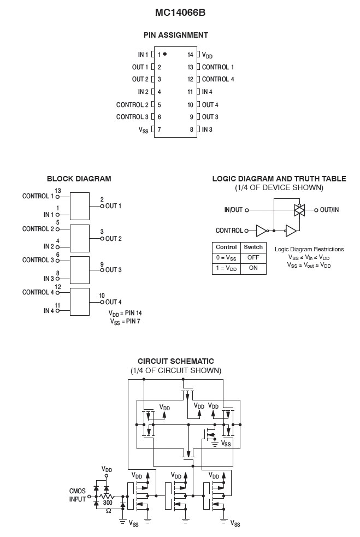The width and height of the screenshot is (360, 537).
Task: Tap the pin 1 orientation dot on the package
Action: click(x=164, y=54)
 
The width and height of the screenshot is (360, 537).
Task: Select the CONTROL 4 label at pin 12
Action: click(x=218, y=79)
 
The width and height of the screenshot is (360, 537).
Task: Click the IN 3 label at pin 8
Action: click(x=207, y=129)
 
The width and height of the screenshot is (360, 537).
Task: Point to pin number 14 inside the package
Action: click(x=190, y=55)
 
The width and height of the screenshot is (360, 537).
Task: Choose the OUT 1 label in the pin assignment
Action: click(x=140, y=67)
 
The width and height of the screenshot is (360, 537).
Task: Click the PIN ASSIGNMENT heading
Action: click(x=176, y=35)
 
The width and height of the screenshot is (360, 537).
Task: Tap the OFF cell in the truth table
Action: click(x=253, y=257)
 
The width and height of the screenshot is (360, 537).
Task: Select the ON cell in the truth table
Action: click(x=253, y=268)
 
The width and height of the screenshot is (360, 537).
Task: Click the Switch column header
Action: click(x=253, y=247)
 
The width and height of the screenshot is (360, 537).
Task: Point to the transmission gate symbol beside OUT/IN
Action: click(x=299, y=209)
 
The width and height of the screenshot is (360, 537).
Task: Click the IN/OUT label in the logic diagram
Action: click(x=233, y=210)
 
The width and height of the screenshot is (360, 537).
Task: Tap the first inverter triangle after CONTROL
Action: click(x=262, y=231)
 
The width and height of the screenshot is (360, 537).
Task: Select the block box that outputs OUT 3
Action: click(x=80, y=269)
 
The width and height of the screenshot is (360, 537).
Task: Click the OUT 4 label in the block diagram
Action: click(x=114, y=302)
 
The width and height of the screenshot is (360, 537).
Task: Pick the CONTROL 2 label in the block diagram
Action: click(x=38, y=229)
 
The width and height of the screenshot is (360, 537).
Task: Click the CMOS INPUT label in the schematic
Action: click(x=78, y=495)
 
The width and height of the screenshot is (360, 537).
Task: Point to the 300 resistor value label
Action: click(x=108, y=502)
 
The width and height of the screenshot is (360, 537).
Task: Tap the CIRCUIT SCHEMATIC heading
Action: click(x=176, y=361)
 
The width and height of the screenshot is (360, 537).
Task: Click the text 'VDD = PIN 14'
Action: click(x=126, y=314)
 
